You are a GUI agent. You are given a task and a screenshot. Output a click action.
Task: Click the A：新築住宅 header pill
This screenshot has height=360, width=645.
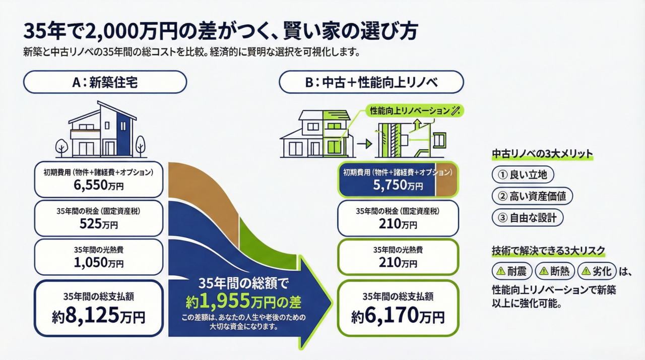click(105, 82)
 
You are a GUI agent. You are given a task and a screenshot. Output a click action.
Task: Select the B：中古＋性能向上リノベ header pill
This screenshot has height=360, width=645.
click(371, 82)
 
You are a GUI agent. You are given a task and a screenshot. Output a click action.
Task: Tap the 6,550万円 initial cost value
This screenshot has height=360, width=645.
click(98, 186)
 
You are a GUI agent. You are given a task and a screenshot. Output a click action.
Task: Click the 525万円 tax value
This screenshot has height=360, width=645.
click(98, 224)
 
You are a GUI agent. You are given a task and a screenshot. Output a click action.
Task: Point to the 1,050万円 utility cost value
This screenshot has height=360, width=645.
click(98, 263)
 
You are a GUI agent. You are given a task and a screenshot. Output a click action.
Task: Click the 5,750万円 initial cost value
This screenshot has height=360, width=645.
click(398, 185)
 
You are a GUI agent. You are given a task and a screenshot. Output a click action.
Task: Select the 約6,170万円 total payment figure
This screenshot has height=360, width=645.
click(398, 316)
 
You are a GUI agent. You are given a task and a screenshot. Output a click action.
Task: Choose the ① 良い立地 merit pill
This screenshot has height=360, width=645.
click(523, 175)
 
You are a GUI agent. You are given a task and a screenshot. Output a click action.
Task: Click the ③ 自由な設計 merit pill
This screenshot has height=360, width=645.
click(527, 218)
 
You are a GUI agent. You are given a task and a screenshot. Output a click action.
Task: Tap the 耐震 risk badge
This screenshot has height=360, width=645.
click(512, 272)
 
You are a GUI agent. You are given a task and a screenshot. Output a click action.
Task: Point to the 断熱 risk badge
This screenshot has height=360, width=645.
click(554, 272)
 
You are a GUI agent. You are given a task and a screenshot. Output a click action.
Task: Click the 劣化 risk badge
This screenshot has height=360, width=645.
click(597, 272)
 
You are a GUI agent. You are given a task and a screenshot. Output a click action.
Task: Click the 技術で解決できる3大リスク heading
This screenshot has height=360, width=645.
click(548, 251)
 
